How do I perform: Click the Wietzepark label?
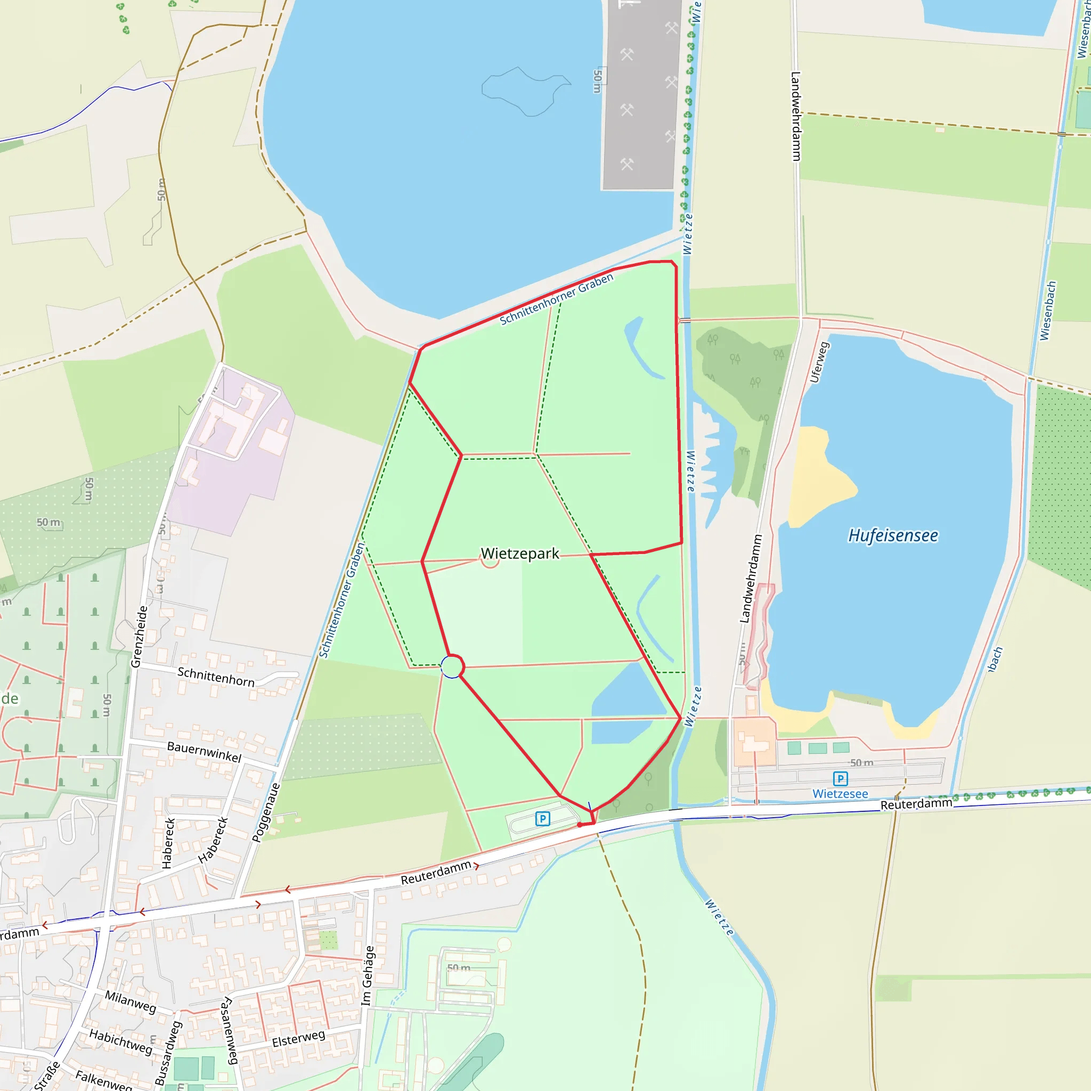[519, 553]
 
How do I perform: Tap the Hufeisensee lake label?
[893, 535]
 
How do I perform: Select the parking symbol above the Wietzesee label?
[840, 779]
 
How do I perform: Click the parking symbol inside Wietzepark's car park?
[543, 818]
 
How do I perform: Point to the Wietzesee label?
[840, 793]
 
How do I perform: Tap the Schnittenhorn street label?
[216, 677]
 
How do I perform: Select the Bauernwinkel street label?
[205, 752]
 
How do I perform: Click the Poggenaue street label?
[266, 812]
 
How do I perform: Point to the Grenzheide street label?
[139, 637]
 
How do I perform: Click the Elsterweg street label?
[299, 1038]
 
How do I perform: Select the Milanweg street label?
[131, 1001]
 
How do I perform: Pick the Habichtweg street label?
[121, 1042]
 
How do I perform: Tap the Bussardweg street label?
[168, 1053]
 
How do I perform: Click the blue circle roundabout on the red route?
[452, 667]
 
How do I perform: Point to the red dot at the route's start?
[580, 825]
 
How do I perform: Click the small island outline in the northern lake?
[525, 91]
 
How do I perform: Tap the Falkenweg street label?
[103, 1080]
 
